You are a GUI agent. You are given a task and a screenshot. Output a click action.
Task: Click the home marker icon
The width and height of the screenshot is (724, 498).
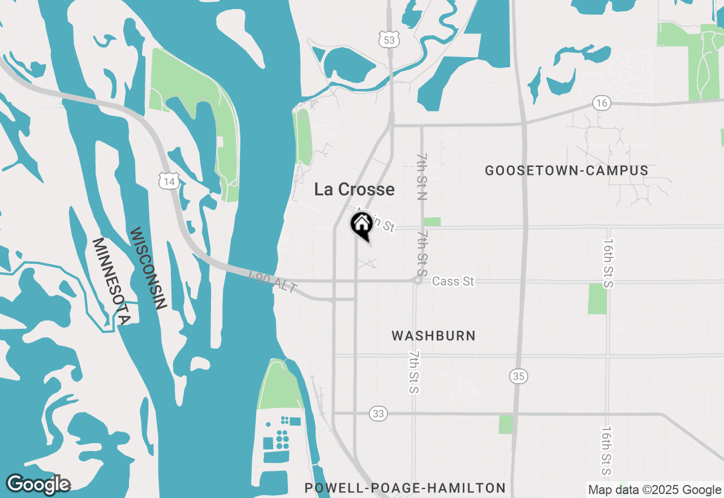361,225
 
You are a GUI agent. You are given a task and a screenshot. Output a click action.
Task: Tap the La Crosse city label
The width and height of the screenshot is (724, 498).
354,189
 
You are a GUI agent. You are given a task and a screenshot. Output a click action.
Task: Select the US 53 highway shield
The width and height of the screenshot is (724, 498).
389,39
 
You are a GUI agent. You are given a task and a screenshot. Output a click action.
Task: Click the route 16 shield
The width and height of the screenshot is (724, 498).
601,103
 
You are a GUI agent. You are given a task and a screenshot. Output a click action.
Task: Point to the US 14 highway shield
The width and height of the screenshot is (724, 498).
169,181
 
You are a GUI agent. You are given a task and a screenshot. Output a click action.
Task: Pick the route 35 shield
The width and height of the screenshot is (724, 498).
518,375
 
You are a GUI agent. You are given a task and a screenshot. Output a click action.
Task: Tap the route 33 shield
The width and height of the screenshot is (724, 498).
378,414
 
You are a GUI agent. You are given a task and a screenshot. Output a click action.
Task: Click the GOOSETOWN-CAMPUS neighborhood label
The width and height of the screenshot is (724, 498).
566,170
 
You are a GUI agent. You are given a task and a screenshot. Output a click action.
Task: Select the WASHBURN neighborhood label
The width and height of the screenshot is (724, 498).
433,336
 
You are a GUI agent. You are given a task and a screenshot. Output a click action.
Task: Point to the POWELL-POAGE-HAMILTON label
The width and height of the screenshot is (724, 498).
404,488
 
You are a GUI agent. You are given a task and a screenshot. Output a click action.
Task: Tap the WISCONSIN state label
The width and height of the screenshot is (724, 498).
148,268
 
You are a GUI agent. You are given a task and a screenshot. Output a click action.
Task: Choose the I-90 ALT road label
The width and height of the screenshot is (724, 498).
273,281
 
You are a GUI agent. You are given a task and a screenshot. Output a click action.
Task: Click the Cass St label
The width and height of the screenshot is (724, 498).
453,281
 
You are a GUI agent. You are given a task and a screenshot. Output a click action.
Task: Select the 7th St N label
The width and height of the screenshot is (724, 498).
422,176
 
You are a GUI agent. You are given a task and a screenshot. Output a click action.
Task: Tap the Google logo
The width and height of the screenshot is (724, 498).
38,484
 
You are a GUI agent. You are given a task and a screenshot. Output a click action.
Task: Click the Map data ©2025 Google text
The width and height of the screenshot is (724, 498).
654,490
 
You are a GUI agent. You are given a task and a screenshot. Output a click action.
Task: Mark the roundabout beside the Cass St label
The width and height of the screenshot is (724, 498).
417,280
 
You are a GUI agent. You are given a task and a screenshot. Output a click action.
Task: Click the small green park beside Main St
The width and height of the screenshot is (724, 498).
432,222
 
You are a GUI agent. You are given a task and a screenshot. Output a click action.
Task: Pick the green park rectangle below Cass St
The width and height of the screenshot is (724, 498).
597,299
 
